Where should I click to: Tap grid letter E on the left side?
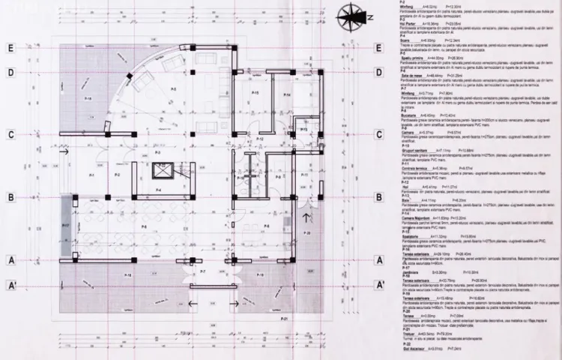point(11,46)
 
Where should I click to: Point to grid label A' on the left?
point(11,285)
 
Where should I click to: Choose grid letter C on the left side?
point(11,135)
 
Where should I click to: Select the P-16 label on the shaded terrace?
point(88,99)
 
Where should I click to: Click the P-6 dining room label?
point(142,225)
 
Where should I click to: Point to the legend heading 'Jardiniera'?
point(411,271)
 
